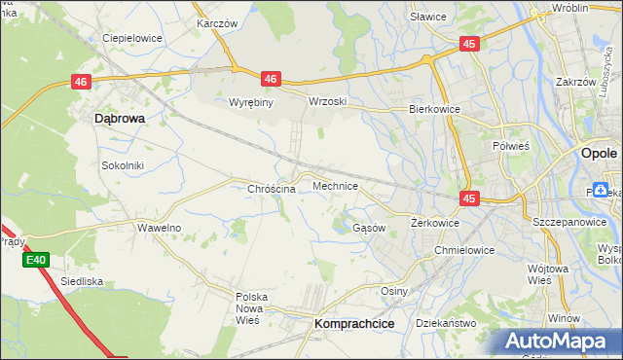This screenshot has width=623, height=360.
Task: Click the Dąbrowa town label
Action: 119,118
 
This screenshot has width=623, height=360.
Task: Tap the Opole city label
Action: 598,154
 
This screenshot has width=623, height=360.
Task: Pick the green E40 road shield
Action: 36,260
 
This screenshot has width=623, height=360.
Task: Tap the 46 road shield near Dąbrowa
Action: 81,84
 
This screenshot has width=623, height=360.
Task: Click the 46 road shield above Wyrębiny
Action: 271,79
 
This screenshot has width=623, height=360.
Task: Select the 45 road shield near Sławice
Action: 469,44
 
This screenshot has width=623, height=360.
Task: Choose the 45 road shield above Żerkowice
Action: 469,198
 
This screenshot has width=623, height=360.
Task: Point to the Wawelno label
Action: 159,228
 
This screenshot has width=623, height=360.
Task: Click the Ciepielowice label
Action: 132,39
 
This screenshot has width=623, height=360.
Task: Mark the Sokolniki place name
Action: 123,165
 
